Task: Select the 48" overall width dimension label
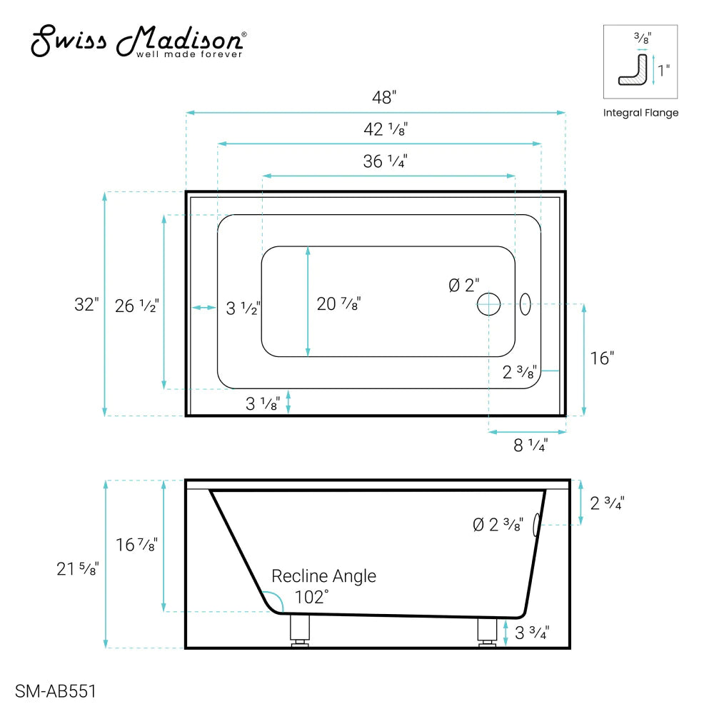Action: pos(383,98)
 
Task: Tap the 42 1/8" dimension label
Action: pos(385,129)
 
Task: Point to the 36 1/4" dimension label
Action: pos(385,161)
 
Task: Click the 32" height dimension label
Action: pos(86,304)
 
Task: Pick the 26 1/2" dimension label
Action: pos(136,306)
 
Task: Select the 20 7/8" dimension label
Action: pos(338,304)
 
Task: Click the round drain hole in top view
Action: pos(489,304)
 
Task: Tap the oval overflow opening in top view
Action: pos(526,304)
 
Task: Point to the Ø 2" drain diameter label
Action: pos(464,286)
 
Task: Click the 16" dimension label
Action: pos(602,358)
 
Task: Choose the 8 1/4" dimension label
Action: pos(530,446)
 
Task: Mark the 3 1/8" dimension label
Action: pos(263,404)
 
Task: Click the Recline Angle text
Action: pos(323,575)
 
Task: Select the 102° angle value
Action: pos(311,598)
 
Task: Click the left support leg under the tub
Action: pos(298,630)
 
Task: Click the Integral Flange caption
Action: pos(640,113)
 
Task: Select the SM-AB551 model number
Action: pos(55,691)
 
